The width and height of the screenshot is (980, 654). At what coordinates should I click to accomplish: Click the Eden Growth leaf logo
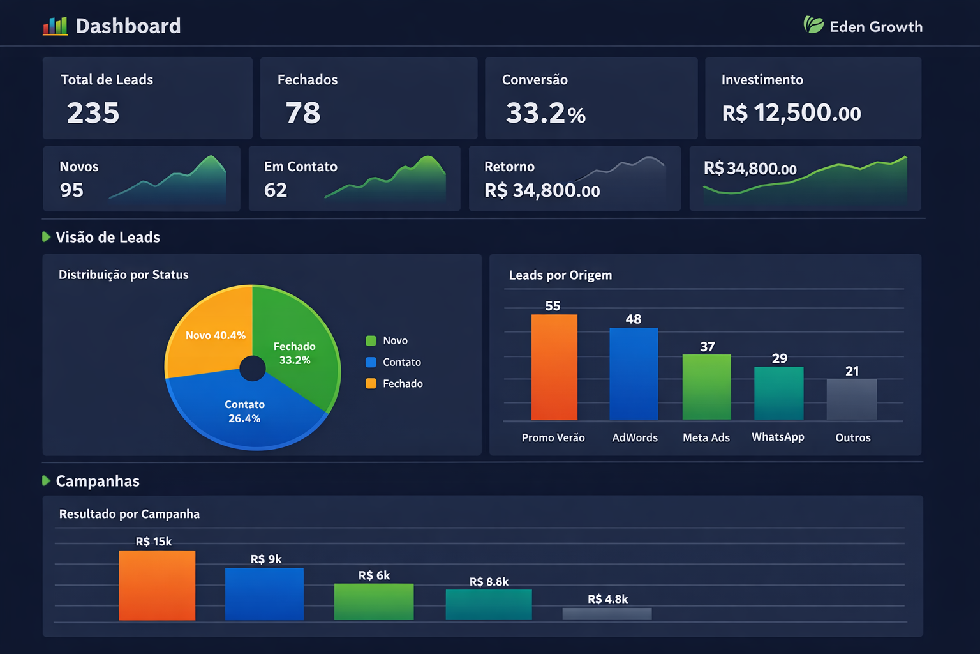tap(813, 25)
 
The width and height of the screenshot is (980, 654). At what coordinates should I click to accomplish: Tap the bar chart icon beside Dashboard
tap(55, 26)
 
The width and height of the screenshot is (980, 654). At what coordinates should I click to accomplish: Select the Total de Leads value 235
tap(93, 113)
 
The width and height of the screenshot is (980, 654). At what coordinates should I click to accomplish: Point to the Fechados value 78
tap(303, 113)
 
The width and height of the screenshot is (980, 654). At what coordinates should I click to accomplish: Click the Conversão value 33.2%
tap(546, 114)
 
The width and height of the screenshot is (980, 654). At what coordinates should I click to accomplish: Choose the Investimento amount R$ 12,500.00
tap(791, 114)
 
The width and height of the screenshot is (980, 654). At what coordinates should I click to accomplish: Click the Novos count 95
tap(71, 190)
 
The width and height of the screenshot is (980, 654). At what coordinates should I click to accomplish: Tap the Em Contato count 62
tap(276, 190)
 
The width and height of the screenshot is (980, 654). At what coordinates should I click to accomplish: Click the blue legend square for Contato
tap(371, 362)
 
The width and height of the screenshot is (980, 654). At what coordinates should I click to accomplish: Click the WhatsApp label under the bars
tap(778, 437)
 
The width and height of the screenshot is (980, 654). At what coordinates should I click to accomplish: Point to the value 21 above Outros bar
tap(852, 371)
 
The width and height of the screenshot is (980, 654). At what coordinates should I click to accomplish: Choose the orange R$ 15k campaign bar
tap(157, 585)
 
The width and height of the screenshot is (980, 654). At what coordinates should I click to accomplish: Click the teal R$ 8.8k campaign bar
tap(489, 604)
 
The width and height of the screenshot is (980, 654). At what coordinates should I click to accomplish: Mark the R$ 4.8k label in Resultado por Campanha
tap(607, 599)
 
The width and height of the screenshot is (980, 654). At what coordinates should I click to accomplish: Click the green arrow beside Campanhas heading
tap(46, 481)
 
